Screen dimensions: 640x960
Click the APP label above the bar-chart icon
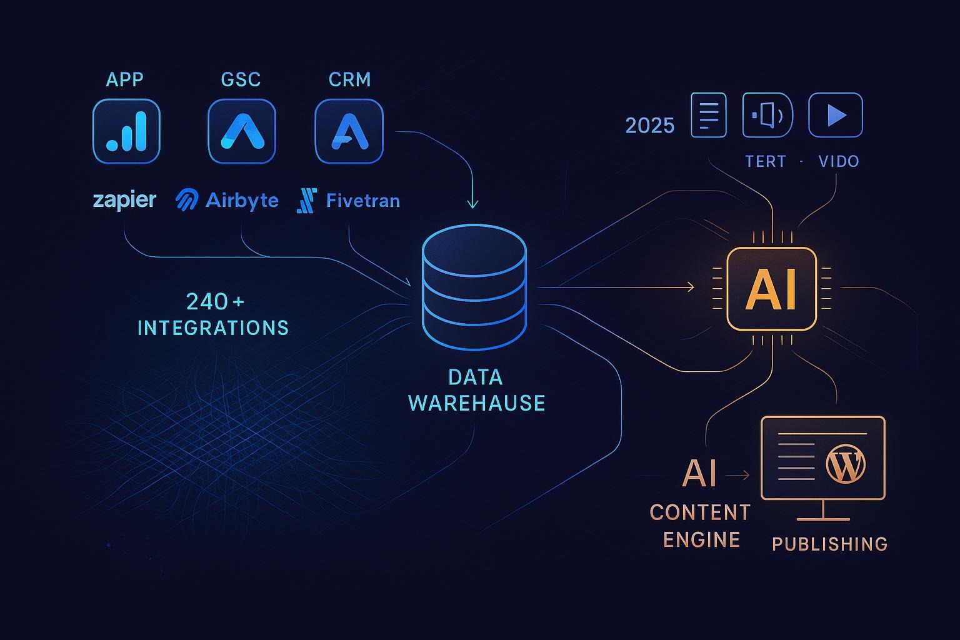124,79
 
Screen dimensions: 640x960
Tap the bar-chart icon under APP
126,131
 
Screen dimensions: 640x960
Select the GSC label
241,79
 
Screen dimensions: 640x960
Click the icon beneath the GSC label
242,131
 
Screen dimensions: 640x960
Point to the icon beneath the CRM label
349,131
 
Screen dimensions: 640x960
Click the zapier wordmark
124,200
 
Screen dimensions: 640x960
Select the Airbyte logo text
242,200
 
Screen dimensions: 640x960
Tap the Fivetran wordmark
362,201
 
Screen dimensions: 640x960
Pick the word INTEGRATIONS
213,327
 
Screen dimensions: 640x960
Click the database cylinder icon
474,286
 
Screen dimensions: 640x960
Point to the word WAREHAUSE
476,403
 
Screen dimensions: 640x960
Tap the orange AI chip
771,289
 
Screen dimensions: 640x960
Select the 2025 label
650,126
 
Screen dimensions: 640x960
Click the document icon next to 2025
708,115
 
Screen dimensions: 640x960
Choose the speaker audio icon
767,115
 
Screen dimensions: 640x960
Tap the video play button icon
836,115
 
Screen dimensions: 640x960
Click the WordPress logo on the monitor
846,463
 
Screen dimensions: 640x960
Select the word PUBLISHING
829,544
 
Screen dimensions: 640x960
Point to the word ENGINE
701,539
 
